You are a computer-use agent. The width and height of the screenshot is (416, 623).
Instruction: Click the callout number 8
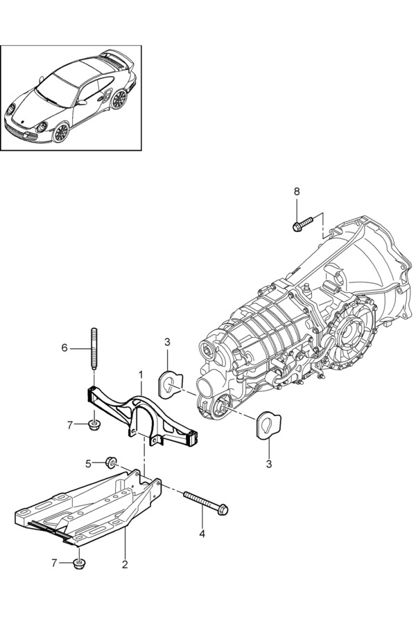(297, 192)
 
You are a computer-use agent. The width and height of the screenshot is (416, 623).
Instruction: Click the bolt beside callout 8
(303, 224)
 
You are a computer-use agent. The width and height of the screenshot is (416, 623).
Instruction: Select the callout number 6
(64, 348)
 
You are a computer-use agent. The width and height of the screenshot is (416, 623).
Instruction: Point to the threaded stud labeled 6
(94, 349)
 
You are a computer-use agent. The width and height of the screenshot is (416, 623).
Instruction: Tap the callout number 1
(141, 374)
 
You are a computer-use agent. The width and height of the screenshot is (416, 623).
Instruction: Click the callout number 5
(88, 463)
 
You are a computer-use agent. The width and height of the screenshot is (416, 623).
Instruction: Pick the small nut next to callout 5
(110, 462)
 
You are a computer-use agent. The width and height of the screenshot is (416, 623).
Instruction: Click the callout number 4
(202, 534)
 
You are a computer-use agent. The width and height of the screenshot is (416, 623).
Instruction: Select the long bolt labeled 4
(205, 503)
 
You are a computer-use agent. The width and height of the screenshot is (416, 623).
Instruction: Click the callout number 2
(125, 565)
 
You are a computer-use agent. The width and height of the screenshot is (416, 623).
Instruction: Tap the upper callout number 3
(167, 342)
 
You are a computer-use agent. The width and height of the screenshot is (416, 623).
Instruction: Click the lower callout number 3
(269, 464)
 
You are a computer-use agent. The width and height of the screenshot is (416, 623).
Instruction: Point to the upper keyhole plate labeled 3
(171, 383)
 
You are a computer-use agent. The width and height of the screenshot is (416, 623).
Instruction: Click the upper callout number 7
(70, 426)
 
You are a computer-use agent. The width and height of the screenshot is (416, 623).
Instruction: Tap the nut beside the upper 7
(94, 426)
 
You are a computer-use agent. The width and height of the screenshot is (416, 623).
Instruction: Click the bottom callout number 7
(54, 563)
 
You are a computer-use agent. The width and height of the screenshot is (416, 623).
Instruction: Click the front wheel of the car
(60, 133)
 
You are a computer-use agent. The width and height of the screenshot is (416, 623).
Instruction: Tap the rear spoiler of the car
(116, 57)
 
